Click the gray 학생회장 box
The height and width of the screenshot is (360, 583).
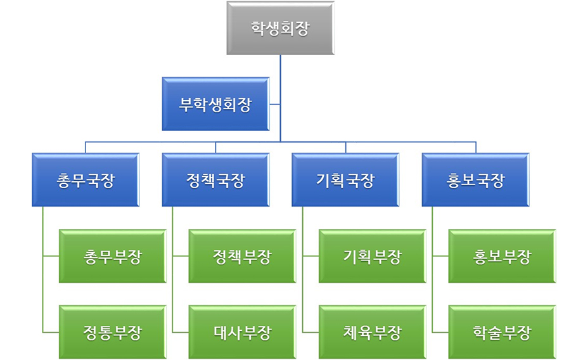[x=280, y=29]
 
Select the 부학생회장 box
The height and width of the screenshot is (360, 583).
[x=215, y=104]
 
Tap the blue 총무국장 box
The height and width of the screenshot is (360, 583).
[x=86, y=180]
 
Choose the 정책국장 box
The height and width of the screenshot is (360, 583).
[x=215, y=180]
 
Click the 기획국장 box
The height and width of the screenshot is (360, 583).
[x=345, y=180]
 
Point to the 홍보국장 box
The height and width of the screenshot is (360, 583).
[x=475, y=180]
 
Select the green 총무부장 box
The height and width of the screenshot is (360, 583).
[x=113, y=256]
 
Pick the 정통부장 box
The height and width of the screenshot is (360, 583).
[x=113, y=332]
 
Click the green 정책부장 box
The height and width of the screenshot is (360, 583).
[x=243, y=256]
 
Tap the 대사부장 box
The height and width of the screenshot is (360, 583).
[x=243, y=332]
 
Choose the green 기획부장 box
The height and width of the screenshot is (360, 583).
[x=373, y=256]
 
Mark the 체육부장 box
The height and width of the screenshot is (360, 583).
[x=373, y=332]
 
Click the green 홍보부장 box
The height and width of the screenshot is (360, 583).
[x=503, y=256]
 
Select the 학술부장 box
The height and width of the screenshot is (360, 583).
[x=503, y=332]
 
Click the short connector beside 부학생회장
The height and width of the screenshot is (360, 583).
[x=275, y=104]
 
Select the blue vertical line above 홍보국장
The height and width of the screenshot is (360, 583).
[x=476, y=147]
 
